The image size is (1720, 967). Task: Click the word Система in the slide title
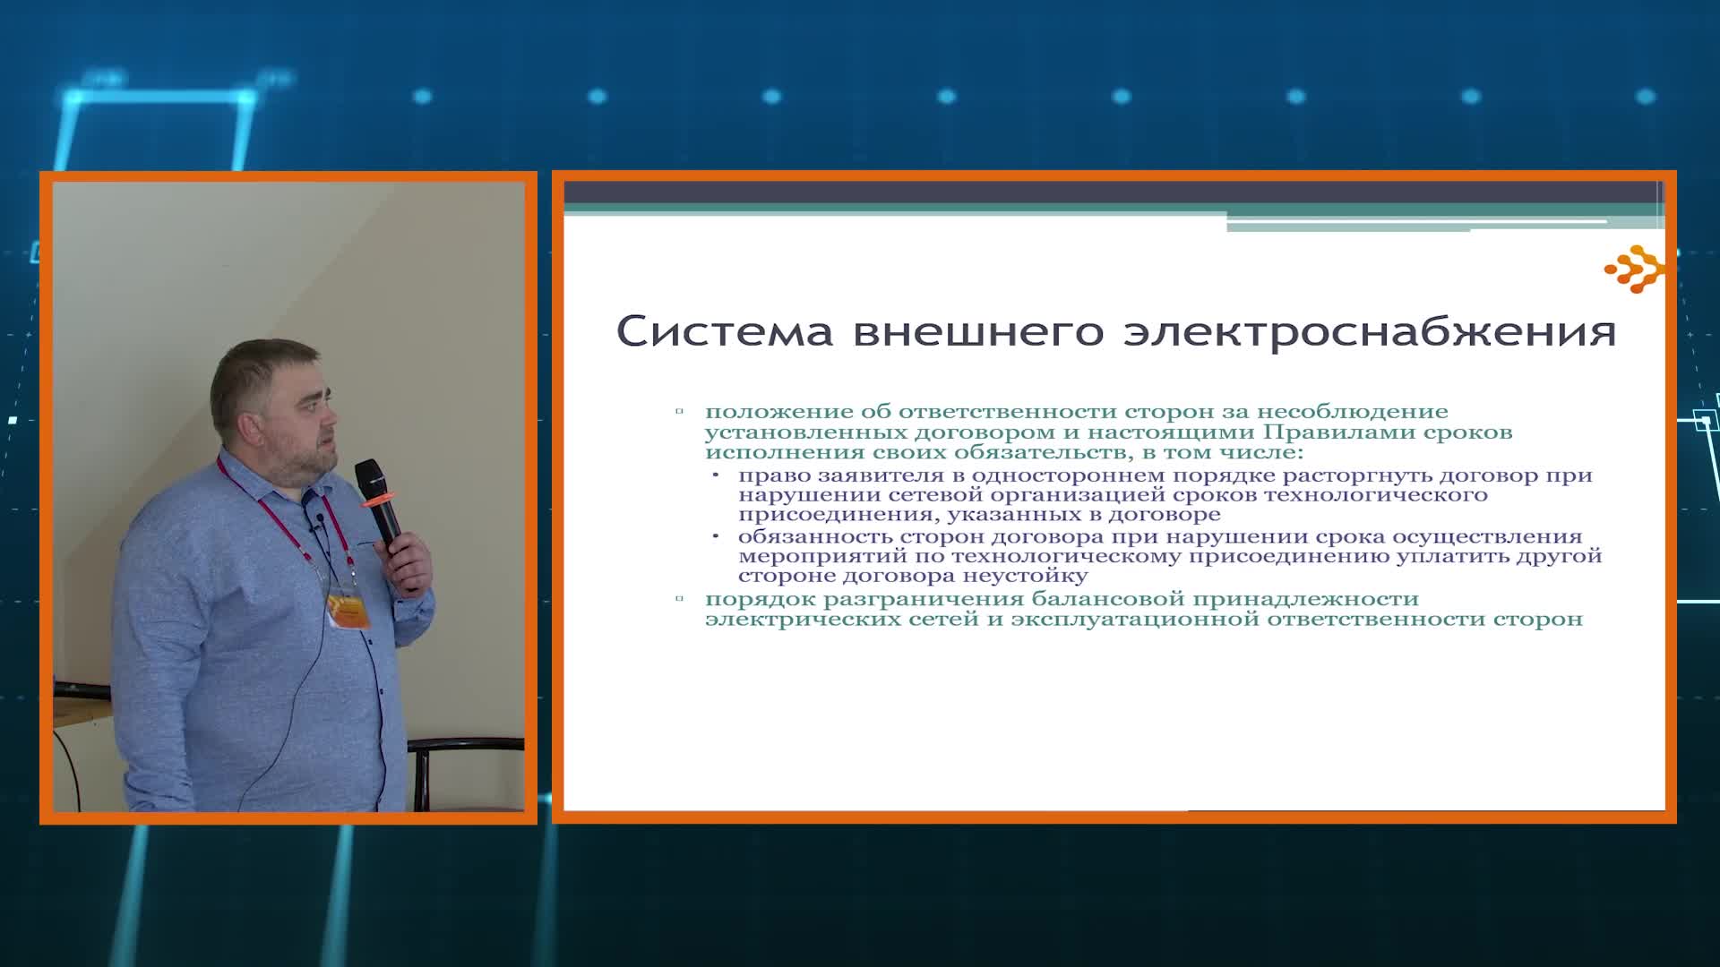(724, 331)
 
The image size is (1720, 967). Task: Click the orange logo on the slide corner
(1635, 269)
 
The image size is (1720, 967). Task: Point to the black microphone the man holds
(379, 501)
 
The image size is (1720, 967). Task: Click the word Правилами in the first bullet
(1322, 432)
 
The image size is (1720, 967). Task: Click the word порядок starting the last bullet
(760, 599)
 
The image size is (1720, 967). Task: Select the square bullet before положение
(680, 412)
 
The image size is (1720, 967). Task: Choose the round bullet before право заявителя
(716, 474)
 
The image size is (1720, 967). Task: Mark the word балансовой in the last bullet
(1106, 599)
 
